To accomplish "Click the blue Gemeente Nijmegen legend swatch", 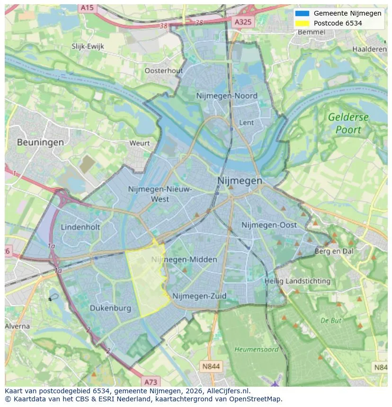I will tap(302, 13).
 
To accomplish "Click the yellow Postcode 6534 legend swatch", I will tap(302, 23).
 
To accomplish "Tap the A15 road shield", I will tap(87, 8).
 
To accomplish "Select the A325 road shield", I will tap(243, 22).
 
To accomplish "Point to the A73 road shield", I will tap(151, 381).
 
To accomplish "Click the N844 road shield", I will tap(211, 366).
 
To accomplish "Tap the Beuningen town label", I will tap(40, 142).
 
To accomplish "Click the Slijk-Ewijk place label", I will tap(88, 46).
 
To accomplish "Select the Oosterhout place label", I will tap(163, 70).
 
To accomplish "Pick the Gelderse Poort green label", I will tap(348, 123).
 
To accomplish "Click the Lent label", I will tap(247, 122).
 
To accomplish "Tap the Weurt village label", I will tap(139, 143).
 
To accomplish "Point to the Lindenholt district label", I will tap(80, 227).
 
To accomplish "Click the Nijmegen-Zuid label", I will tap(199, 296).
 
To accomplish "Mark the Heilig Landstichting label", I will tap(297, 281).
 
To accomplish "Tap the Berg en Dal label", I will tap(334, 251).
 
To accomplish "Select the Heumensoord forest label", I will tap(256, 349).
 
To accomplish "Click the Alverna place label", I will tap(18, 326).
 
